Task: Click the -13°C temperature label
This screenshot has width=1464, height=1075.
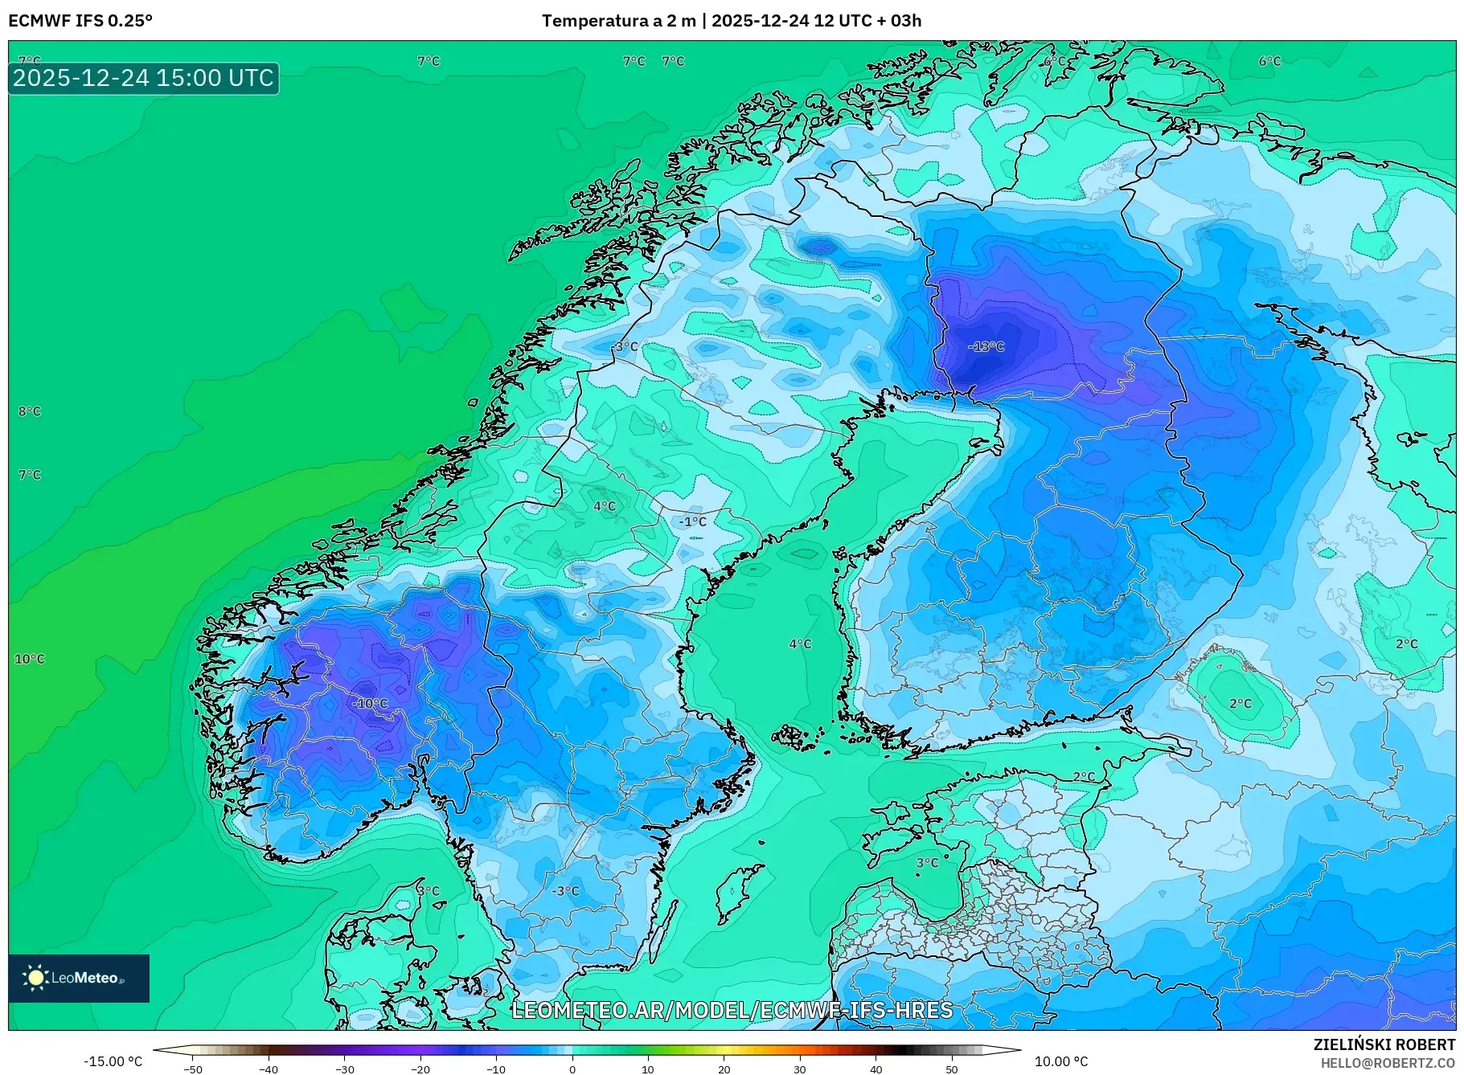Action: (986, 346)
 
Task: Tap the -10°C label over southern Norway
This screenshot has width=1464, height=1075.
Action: (370, 703)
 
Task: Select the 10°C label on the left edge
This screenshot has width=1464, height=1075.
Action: (30, 659)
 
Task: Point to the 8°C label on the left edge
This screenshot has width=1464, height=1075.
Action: (30, 411)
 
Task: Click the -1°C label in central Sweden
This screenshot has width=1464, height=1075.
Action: (692, 521)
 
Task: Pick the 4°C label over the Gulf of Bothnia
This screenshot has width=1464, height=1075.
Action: (800, 644)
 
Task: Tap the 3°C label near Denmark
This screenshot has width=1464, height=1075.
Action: (429, 890)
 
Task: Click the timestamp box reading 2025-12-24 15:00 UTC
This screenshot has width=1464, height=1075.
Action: (143, 78)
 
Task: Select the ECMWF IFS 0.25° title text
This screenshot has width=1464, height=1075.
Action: (80, 21)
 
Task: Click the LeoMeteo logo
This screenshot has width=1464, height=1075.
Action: (79, 978)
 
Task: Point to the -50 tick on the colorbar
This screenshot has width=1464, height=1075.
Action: (193, 1069)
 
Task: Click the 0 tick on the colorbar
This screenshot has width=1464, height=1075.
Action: (572, 1069)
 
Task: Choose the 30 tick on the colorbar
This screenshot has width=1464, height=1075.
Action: (800, 1069)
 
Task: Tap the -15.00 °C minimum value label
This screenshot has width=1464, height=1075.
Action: (113, 1061)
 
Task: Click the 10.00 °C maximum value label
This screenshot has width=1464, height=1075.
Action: (1061, 1061)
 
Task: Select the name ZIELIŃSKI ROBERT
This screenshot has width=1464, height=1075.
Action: (1384, 1044)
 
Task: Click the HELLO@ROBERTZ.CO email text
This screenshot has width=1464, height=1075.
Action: (1388, 1063)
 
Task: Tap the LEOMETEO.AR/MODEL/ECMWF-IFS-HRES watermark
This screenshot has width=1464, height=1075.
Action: (732, 1010)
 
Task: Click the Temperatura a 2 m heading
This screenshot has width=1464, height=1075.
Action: (618, 21)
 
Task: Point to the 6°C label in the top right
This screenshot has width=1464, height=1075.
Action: (1269, 61)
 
